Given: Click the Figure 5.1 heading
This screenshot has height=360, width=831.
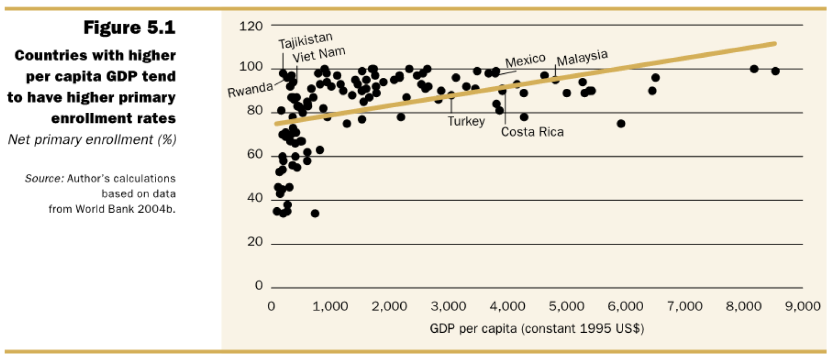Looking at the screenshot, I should [130, 28].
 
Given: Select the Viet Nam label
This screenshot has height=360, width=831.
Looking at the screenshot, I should [319, 54].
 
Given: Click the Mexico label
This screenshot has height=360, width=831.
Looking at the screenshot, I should [525, 59].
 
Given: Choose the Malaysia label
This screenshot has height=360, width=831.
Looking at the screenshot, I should [582, 57].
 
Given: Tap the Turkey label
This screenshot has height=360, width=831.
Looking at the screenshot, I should [466, 121].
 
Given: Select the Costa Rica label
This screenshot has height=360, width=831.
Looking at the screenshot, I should [532, 132].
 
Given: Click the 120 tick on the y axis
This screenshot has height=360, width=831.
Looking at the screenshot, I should [251, 26].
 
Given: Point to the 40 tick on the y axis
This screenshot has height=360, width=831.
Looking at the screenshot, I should [255, 199].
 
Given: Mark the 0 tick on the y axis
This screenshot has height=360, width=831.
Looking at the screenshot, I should [258, 286].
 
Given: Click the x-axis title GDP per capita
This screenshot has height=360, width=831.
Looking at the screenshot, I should [536, 328].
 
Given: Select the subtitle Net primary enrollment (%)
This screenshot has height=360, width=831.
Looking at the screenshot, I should [92, 139].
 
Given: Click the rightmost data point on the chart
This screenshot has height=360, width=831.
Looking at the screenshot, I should [775, 71].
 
